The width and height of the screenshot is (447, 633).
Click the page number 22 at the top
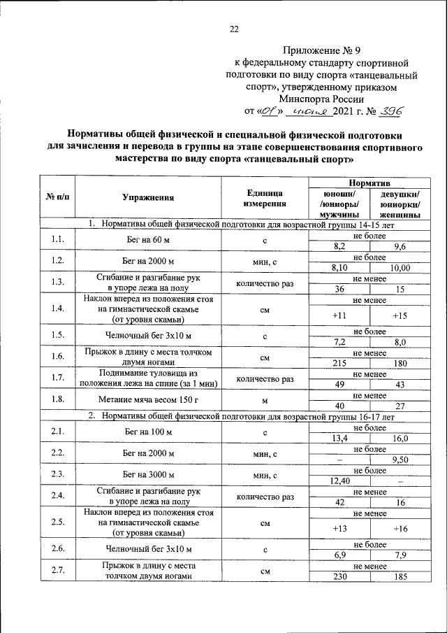[x=234, y=29]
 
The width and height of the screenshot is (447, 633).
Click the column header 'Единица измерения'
[x=265, y=198]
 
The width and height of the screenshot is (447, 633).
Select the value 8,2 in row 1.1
[x=340, y=247]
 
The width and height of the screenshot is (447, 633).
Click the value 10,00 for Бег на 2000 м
[x=400, y=267]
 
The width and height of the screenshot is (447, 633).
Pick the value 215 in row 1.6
[x=340, y=363]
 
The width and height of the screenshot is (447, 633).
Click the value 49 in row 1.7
[x=340, y=384]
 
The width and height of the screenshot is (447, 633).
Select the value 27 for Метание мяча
[x=400, y=405]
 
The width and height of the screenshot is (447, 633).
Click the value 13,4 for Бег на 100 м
[x=340, y=438]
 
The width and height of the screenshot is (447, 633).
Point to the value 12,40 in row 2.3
[x=340, y=481]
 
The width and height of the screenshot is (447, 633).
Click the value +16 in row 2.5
[x=400, y=528]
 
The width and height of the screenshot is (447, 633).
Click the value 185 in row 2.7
[x=400, y=577]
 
